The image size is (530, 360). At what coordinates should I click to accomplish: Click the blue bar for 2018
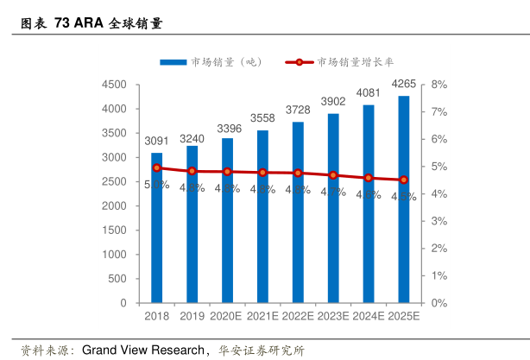click(157, 228)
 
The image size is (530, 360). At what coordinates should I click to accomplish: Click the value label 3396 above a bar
click(228, 129)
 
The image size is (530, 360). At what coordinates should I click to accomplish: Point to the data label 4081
click(369, 92)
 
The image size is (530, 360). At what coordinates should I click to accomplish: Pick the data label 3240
click(192, 138)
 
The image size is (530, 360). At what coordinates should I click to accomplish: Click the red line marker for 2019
click(192, 171)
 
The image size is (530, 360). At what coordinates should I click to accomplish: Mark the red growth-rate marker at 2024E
click(369, 178)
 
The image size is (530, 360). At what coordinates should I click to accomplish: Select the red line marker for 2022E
click(298, 173)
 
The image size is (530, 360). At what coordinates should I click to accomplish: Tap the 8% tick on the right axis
click(439, 85)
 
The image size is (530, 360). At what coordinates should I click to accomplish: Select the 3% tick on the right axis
click(439, 222)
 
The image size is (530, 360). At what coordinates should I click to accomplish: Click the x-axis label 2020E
click(228, 317)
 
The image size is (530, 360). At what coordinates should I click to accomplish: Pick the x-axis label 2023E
click(333, 317)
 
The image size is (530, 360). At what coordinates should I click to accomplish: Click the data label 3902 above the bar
click(333, 102)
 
